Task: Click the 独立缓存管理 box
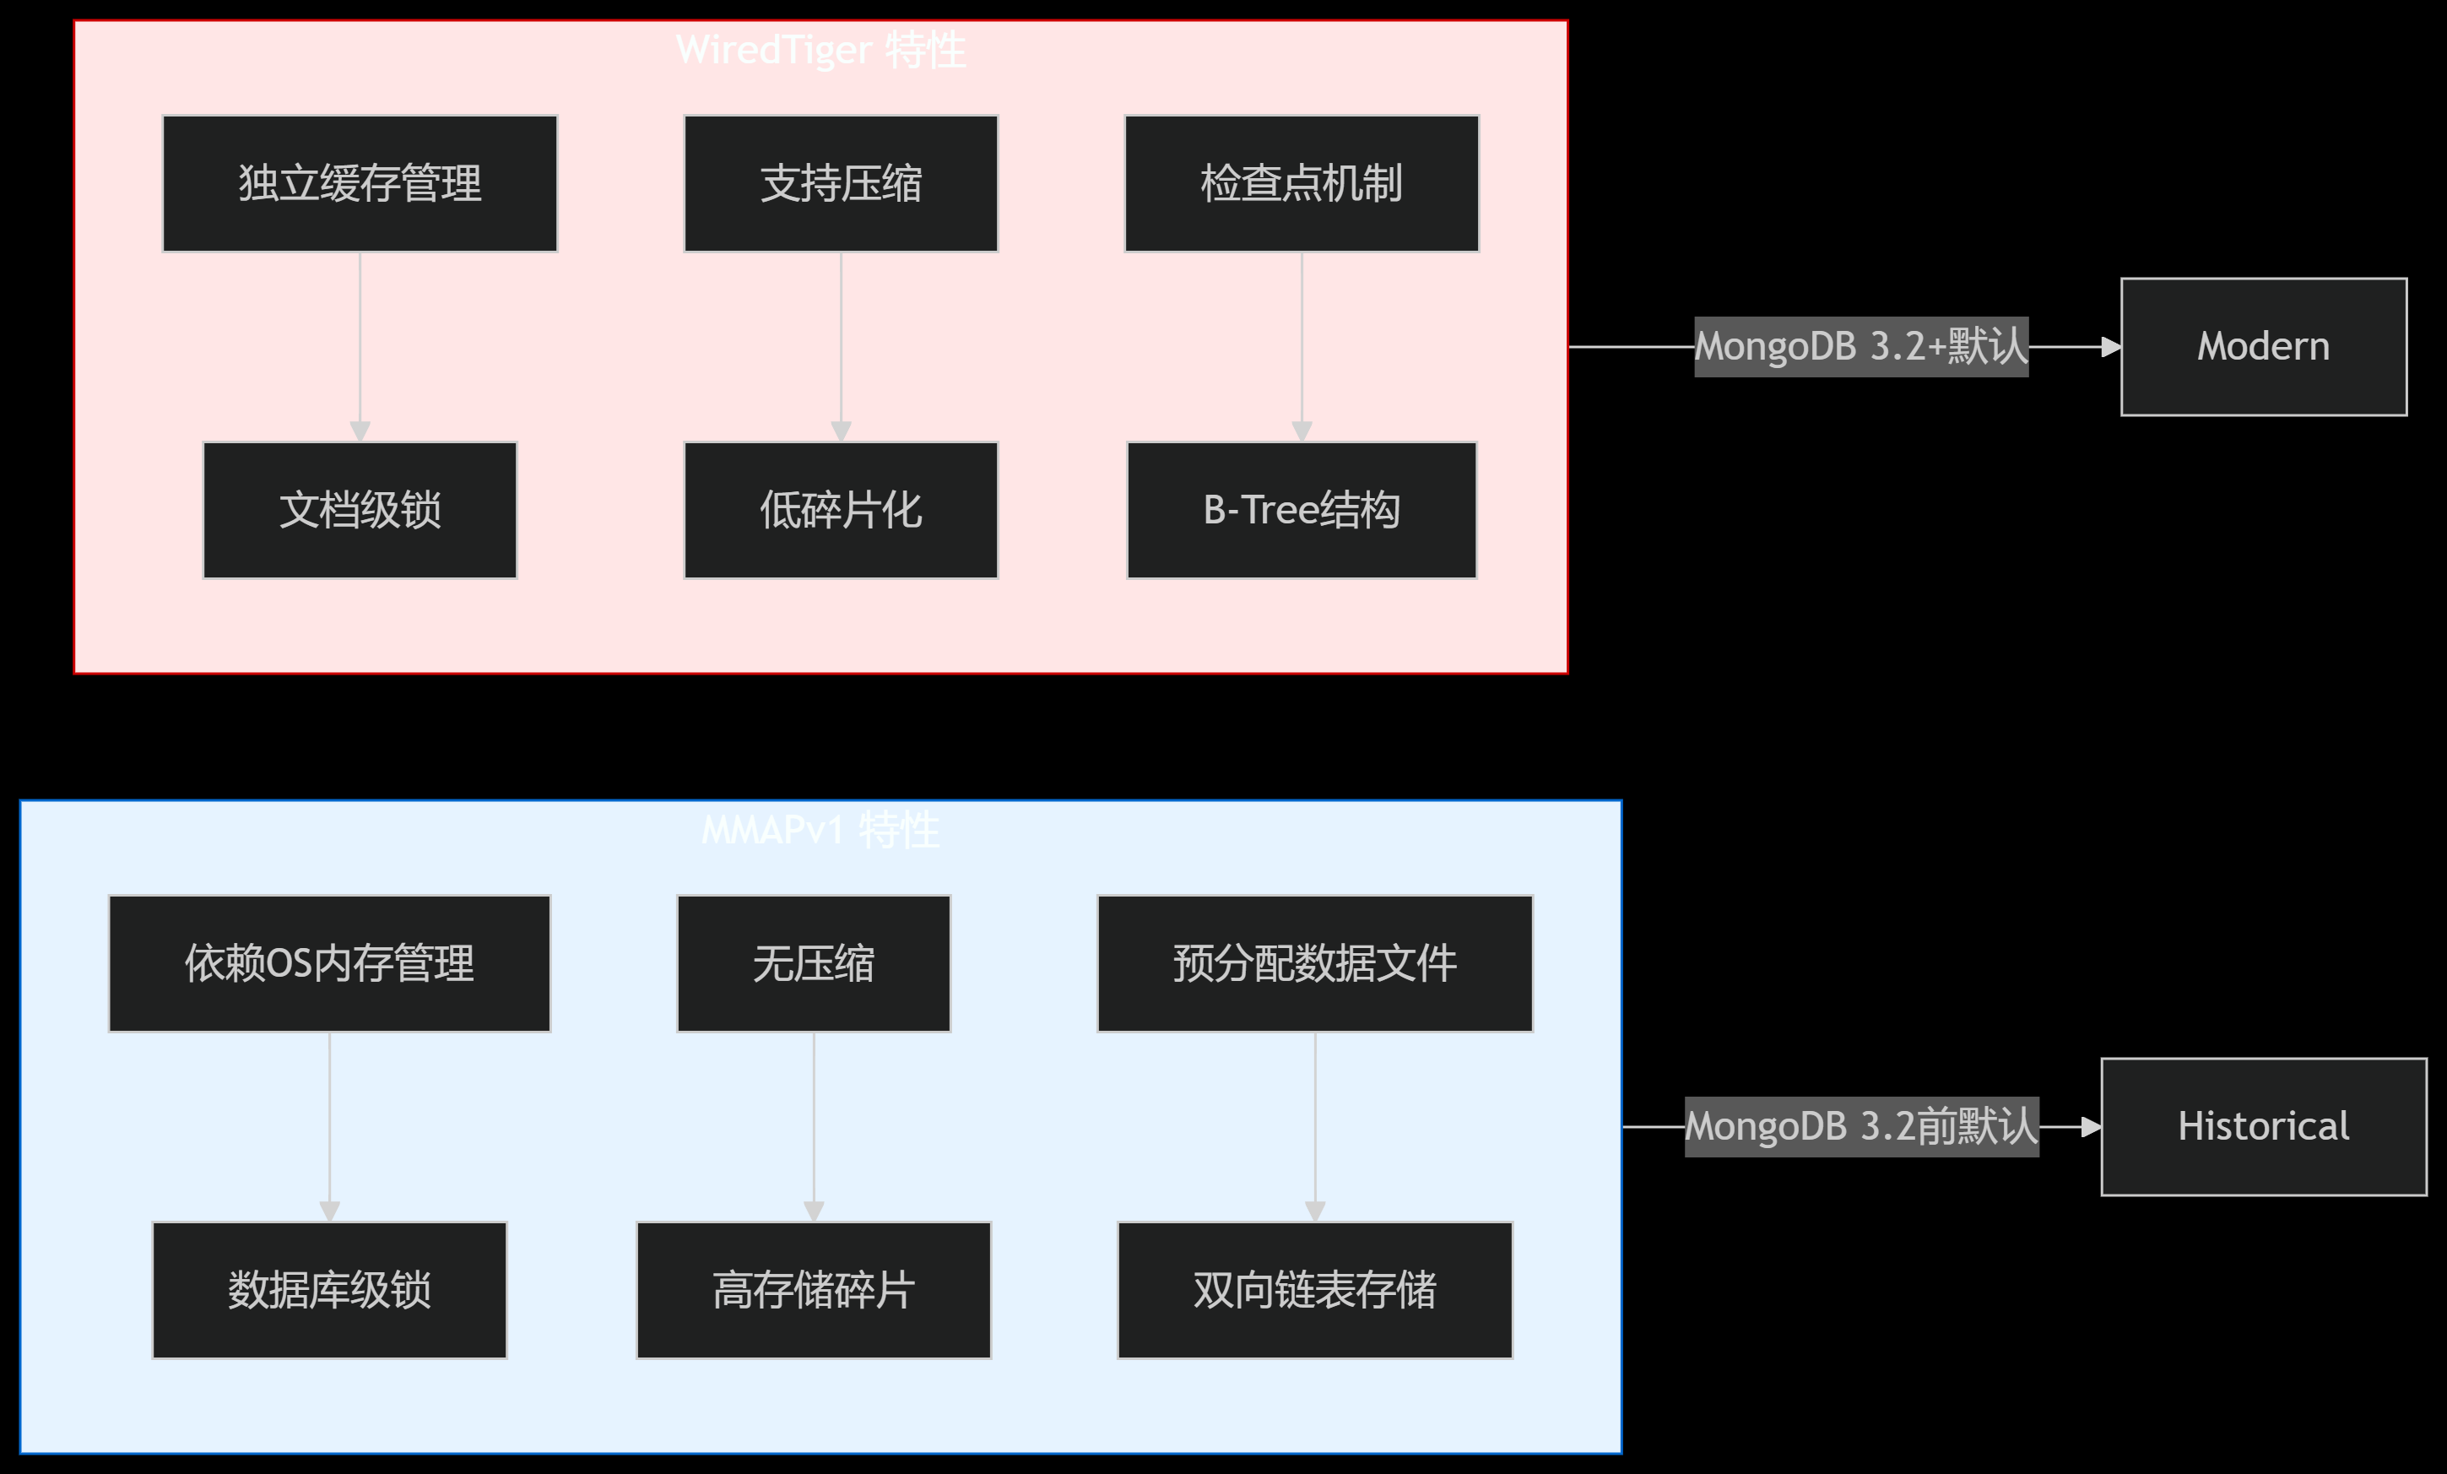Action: point(360,184)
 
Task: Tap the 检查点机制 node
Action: point(1301,184)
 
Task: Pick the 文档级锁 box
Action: point(360,511)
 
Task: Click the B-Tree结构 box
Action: point(1301,511)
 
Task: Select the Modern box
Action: point(2263,347)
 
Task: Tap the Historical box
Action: point(2263,1126)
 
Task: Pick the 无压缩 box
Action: point(814,963)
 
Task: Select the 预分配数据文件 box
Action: point(1315,963)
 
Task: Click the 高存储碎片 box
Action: point(814,1290)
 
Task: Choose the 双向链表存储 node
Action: point(1315,1290)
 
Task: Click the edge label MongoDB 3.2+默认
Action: point(1860,347)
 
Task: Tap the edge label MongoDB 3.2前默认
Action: point(1861,1126)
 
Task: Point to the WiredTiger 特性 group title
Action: point(820,50)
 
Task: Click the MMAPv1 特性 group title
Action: point(820,829)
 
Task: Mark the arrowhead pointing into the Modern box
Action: point(2111,347)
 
